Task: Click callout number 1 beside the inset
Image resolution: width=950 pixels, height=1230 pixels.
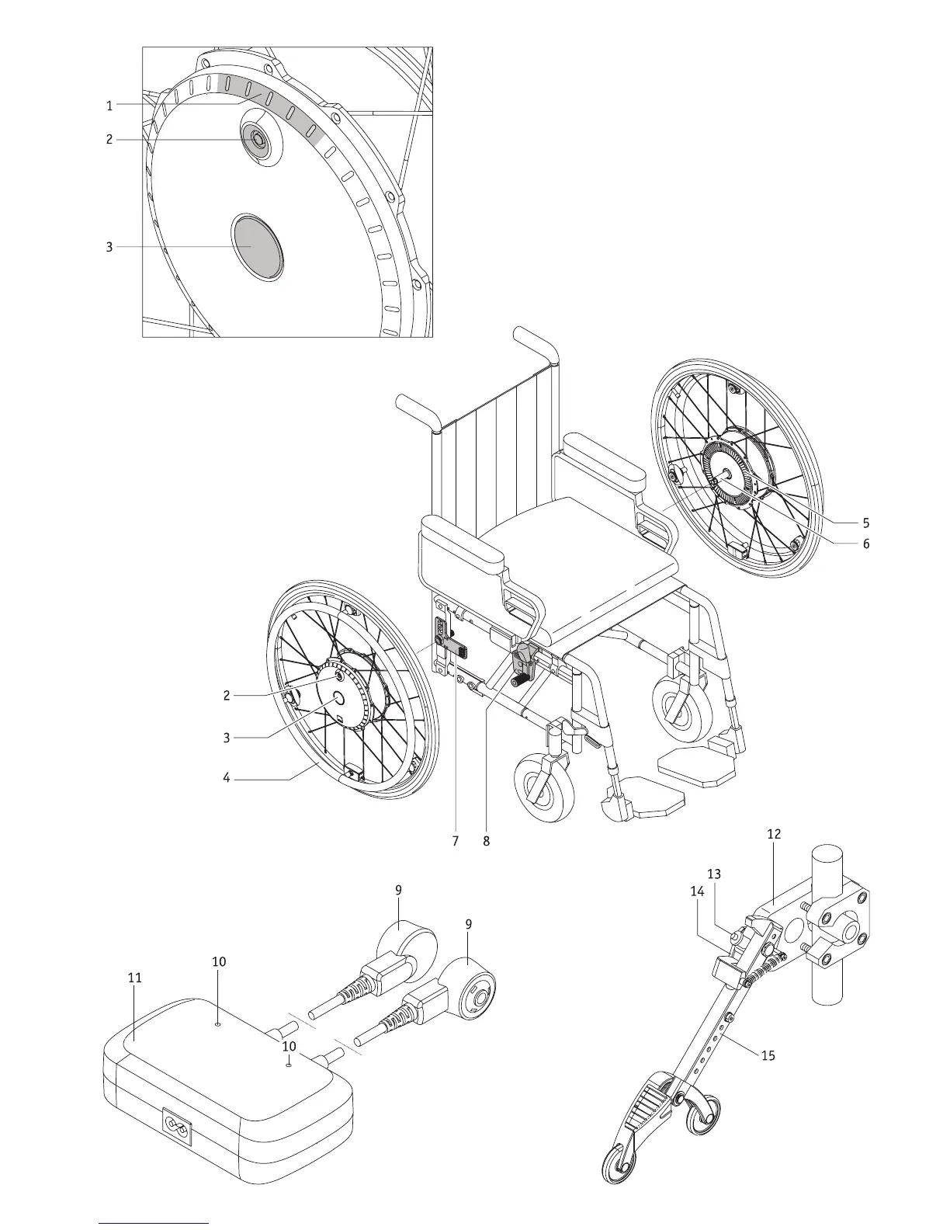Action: pos(109,105)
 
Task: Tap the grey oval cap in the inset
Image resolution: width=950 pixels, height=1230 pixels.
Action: pos(257,247)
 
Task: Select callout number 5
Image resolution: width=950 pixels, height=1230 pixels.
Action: pos(865,523)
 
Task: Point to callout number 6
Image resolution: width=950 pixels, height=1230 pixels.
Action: pos(865,544)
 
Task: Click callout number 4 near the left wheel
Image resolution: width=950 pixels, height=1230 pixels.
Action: pos(227,777)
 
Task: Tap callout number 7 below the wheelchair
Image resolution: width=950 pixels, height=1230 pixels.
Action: pos(456,841)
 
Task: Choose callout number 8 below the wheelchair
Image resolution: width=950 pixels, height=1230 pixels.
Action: pos(487,841)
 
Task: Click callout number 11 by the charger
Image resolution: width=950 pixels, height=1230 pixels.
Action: pos(135,978)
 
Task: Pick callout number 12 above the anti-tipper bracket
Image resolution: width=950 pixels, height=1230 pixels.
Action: pos(774,834)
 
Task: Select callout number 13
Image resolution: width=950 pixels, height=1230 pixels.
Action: pos(714,874)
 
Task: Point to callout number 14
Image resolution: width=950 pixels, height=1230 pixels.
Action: pos(697,891)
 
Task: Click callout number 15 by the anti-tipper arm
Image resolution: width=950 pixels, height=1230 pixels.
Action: pos(768,1055)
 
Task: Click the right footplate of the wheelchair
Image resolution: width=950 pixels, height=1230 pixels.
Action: pos(695,767)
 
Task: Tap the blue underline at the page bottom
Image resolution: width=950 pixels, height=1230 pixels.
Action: pos(154,1223)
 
